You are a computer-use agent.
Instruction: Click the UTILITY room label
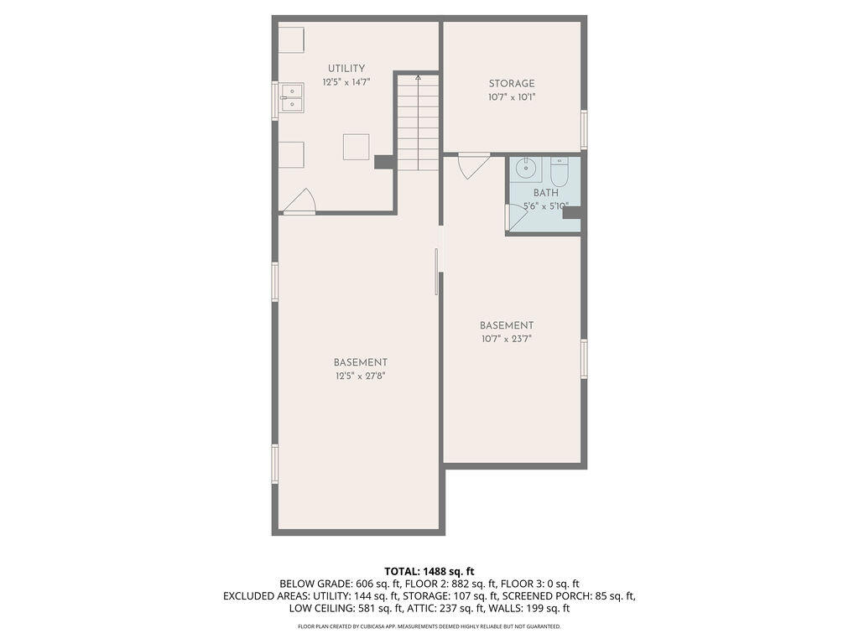click(346, 69)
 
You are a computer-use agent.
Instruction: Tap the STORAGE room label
click(512, 84)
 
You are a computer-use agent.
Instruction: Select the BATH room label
click(545, 193)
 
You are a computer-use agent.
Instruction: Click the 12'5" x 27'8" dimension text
click(361, 377)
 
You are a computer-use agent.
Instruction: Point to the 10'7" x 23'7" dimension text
click(507, 339)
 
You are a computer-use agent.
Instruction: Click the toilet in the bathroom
click(560, 172)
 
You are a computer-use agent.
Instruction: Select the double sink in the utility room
click(291, 98)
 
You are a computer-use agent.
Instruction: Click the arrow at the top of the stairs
click(418, 78)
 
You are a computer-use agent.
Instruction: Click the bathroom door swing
click(516, 218)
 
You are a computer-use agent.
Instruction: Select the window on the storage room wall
click(584, 129)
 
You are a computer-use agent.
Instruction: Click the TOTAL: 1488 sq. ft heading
click(429, 572)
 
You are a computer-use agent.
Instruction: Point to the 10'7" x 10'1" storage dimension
click(512, 97)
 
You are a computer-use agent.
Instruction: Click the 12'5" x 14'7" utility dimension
click(346, 82)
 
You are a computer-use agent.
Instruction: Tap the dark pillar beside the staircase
click(384, 162)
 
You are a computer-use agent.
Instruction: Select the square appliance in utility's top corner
click(291, 39)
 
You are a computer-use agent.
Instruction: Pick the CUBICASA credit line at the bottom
click(429, 626)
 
